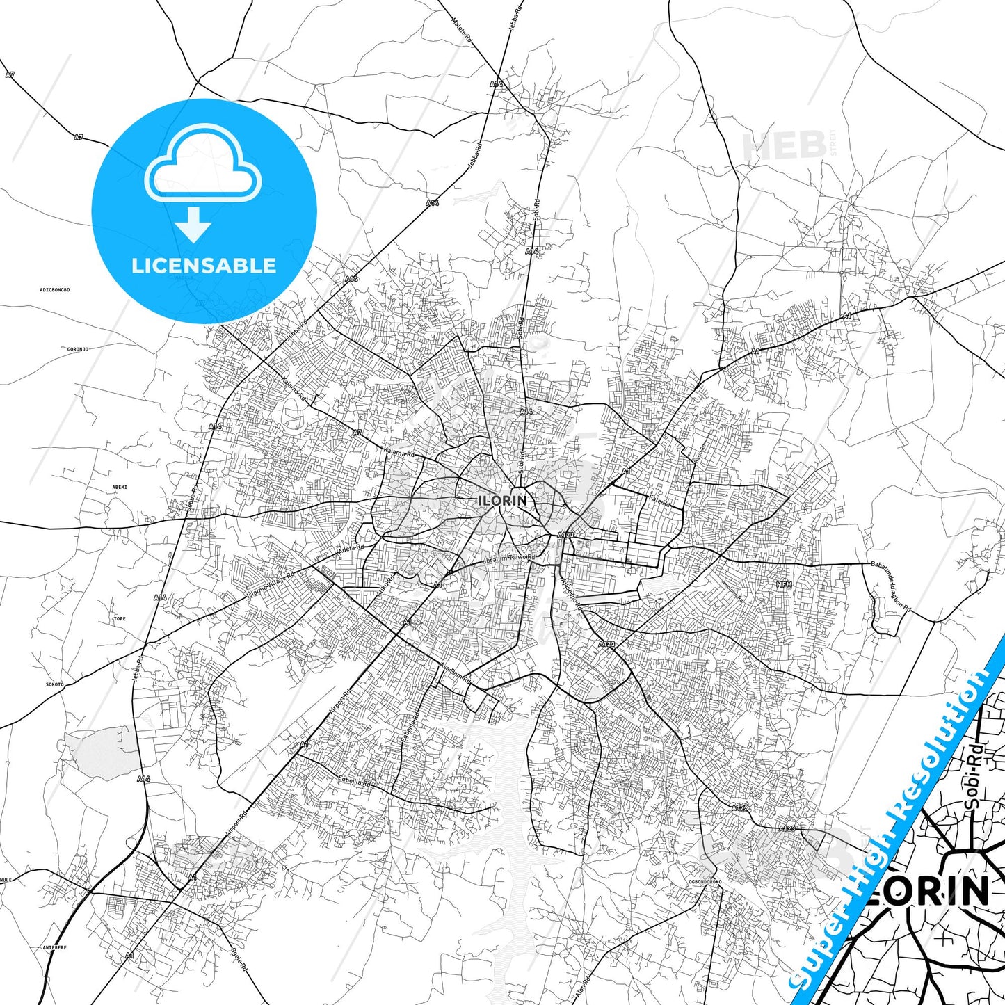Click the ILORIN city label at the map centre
point(502,500)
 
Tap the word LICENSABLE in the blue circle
point(204,266)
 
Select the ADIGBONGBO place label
point(55,289)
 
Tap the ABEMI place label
point(120,487)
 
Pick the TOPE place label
point(120,618)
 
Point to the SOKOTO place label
point(54,684)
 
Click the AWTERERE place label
point(54,947)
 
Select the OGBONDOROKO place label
point(705,882)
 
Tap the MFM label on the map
point(785,585)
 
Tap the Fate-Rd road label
point(660,501)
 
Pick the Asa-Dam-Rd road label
point(455,673)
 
